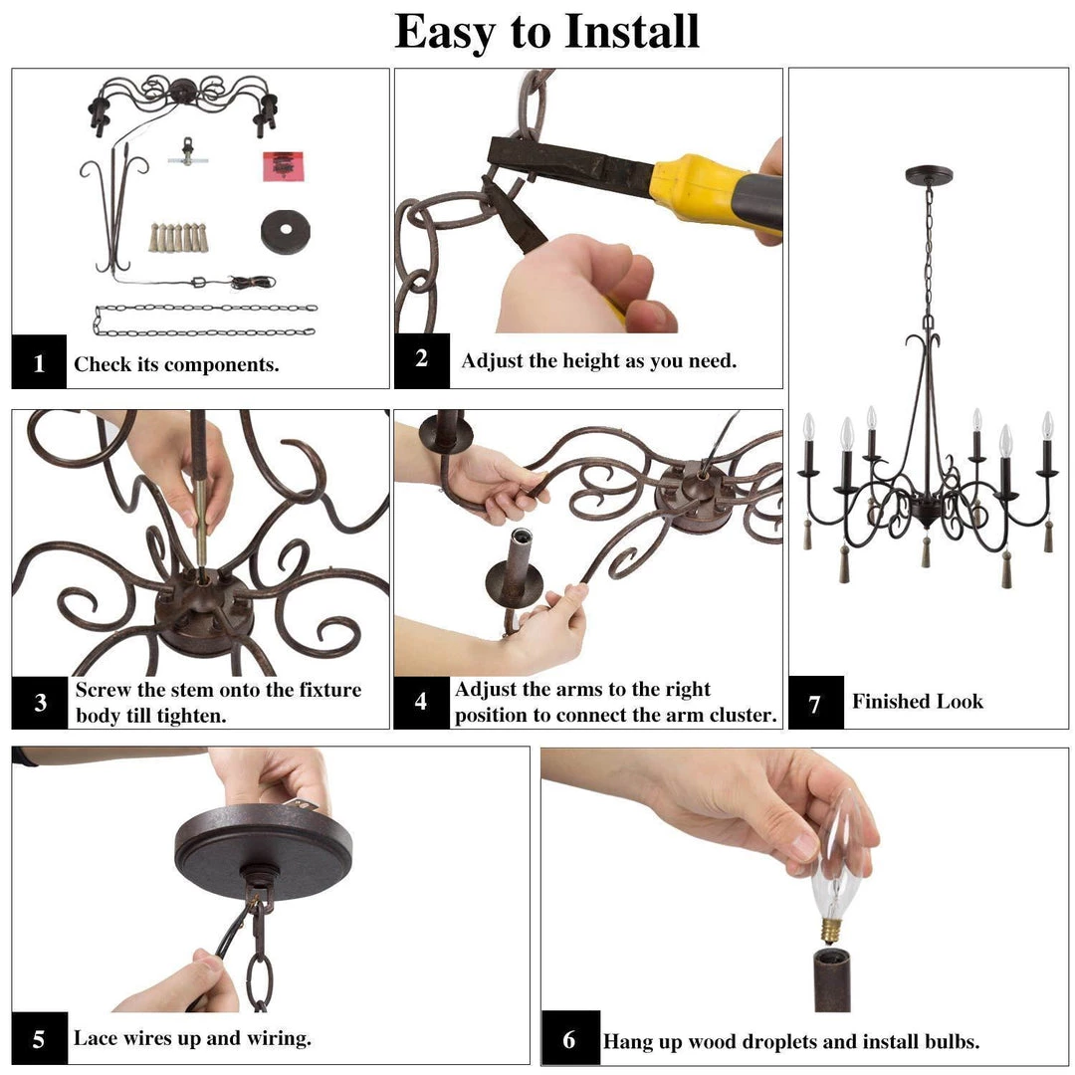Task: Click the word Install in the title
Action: click(631, 32)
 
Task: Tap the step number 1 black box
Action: click(39, 361)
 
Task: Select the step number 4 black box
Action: click(421, 702)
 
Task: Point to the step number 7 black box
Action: click(816, 702)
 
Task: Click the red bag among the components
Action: click(283, 166)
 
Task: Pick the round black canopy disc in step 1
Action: click(286, 232)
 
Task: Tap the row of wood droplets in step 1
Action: click(178, 237)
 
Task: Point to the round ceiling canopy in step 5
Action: click(263, 849)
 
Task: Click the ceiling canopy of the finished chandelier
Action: click(929, 175)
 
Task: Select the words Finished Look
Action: click(918, 702)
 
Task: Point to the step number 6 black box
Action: click(569, 1038)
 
